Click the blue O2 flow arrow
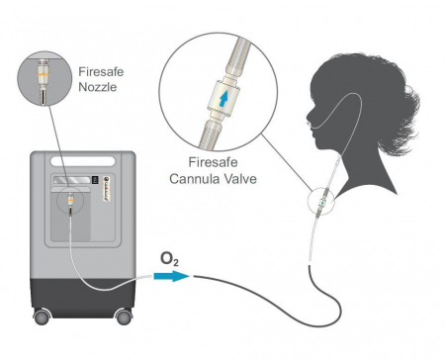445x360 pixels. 171,276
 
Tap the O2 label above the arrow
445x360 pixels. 169,259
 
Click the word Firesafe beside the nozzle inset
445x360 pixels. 101,71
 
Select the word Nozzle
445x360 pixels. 98,87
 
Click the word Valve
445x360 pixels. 240,179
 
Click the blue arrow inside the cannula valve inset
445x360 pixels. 224,99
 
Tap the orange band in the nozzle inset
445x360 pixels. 44,76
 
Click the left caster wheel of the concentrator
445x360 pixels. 42,316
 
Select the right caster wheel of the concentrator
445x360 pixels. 124,316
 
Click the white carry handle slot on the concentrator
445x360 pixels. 83,161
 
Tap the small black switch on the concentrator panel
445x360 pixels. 95,180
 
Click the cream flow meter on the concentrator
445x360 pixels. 108,190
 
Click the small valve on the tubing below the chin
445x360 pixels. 321,202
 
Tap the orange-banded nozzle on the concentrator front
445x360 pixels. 70,201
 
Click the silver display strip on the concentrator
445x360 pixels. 72,180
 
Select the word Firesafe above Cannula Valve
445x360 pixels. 213,162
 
